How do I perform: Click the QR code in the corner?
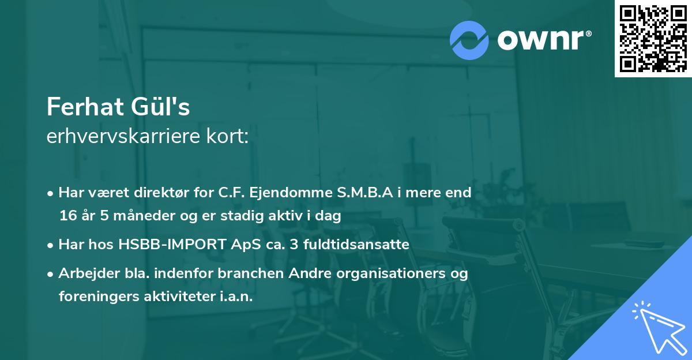click(653, 38)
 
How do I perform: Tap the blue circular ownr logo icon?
click(469, 40)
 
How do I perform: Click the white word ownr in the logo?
click(540, 40)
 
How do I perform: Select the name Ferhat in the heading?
click(85, 107)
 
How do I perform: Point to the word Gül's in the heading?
click(160, 107)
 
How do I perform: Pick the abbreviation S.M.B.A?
click(365, 192)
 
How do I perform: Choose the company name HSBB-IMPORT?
click(172, 244)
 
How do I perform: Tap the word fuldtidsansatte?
click(356, 244)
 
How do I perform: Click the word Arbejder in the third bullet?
click(89, 273)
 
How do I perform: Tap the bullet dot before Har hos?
click(50, 246)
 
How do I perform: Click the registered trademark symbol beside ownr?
click(588, 33)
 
